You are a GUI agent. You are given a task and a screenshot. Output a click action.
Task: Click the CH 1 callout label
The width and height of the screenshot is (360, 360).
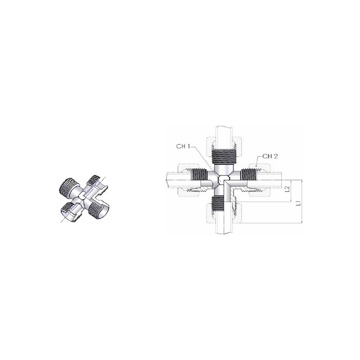tap(183, 146)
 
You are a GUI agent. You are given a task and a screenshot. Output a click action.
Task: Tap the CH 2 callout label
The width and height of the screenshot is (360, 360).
tap(270, 156)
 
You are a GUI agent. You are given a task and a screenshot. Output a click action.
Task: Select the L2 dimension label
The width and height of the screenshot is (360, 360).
tap(287, 189)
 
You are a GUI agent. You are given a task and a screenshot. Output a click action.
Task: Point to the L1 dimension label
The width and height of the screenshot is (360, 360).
tap(298, 203)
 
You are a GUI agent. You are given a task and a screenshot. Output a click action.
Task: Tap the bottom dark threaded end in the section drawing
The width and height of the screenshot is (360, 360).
tap(219, 203)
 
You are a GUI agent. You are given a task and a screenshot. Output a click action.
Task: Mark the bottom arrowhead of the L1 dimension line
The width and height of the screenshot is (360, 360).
tap(302, 221)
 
